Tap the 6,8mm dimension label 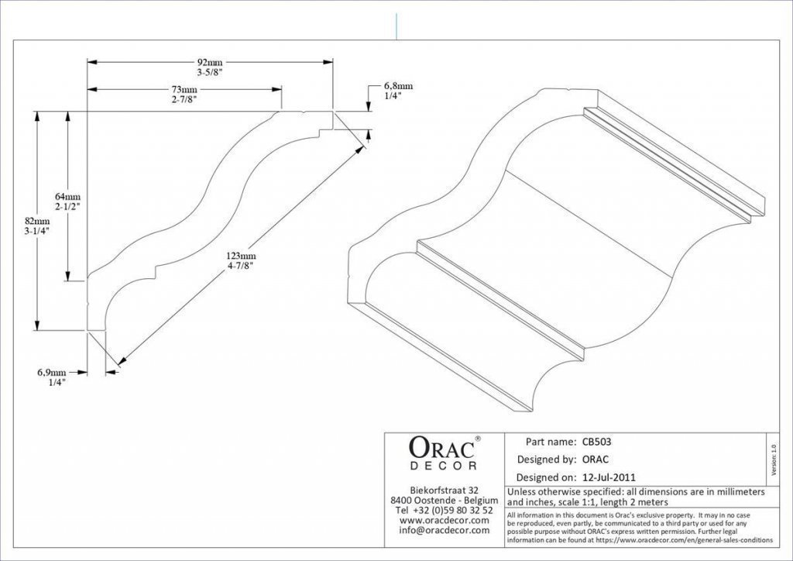click(398, 86)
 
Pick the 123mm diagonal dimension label click(241, 256)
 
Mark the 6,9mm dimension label click(52, 373)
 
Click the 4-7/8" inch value click(241, 265)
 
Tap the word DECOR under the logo click(444, 466)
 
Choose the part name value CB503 click(597, 442)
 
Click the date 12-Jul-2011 click(609, 477)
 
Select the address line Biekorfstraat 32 click(444, 490)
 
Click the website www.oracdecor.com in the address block click(444, 521)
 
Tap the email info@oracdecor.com click(444, 531)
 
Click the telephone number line click(444, 511)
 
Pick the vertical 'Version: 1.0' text click(773, 460)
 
